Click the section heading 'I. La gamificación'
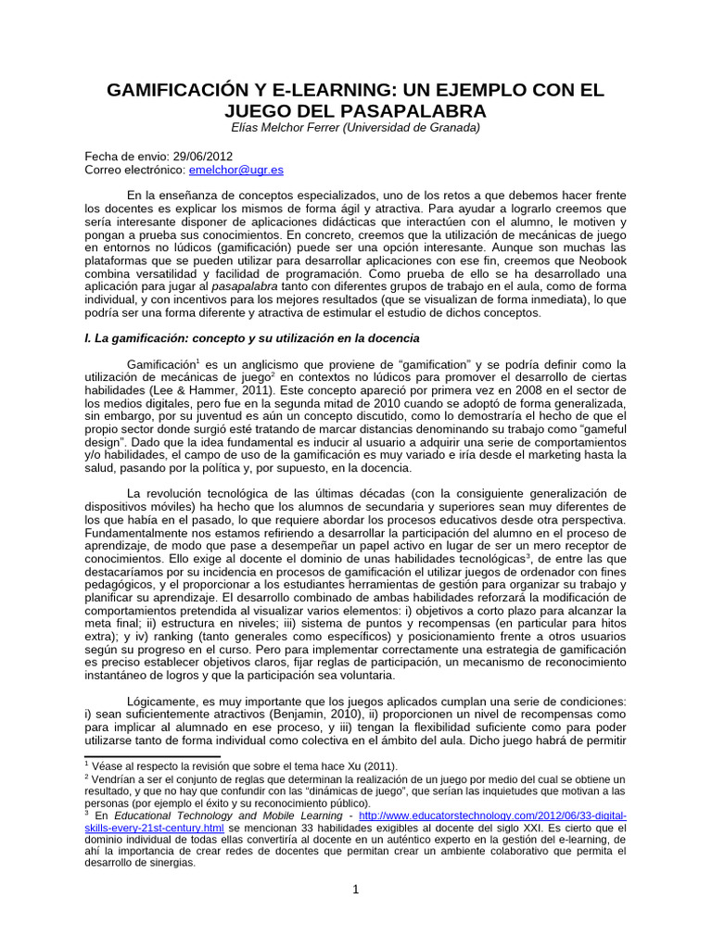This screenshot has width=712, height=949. point(146,338)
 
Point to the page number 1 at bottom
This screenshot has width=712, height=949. point(355,892)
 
